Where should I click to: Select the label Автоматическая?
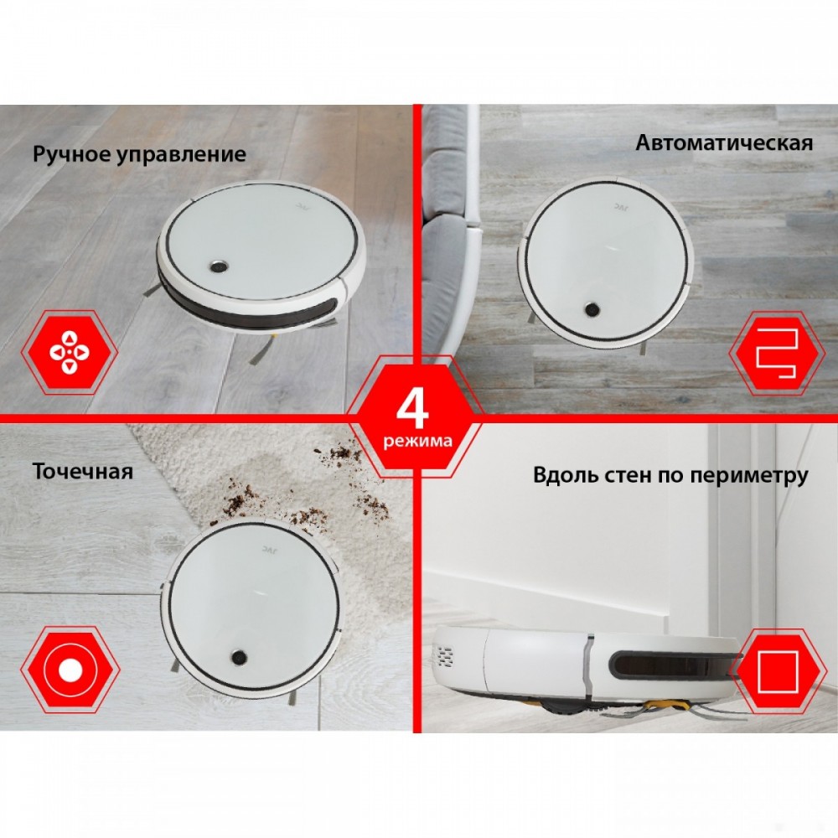click(724, 142)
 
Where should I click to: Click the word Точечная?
click(83, 471)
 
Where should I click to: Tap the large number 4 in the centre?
click(412, 410)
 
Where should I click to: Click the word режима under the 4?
click(417, 441)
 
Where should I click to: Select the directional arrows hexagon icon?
click(70, 352)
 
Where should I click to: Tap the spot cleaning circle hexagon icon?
click(70, 670)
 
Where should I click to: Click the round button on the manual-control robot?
click(218, 266)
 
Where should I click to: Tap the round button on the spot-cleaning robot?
click(240, 657)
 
